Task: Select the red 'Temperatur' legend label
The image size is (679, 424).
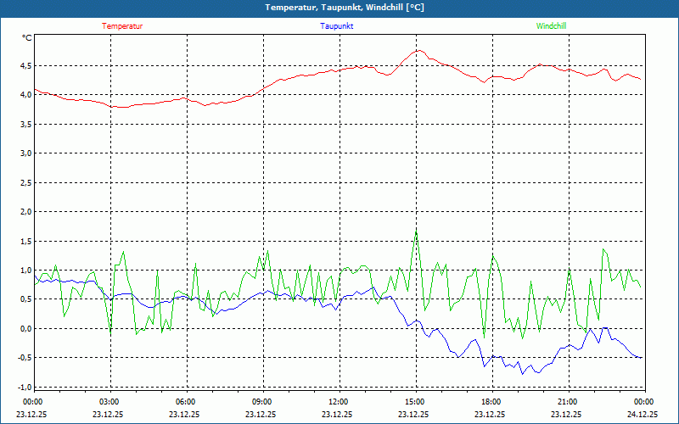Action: click(122, 26)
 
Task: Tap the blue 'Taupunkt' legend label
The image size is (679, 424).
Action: click(337, 26)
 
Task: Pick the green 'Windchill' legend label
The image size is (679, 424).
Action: click(552, 26)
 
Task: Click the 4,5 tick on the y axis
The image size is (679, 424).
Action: click(25, 65)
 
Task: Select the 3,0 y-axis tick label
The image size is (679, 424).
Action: click(25, 153)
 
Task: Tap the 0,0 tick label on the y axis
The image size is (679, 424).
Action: click(25, 329)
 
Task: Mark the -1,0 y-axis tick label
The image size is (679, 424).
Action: click(23, 388)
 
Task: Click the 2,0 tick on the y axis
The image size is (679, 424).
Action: click(25, 212)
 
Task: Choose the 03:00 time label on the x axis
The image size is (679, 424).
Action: click(109, 401)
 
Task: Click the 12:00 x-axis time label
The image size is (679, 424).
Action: click(339, 401)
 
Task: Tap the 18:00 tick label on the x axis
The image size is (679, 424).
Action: click(491, 401)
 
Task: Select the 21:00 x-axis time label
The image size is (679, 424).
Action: click(568, 401)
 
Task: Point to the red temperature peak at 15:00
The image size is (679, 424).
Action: click(418, 50)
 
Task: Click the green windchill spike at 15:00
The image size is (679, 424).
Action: click(416, 230)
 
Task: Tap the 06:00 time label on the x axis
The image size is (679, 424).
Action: click(186, 401)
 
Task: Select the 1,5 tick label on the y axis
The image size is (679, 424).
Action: click(25, 242)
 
